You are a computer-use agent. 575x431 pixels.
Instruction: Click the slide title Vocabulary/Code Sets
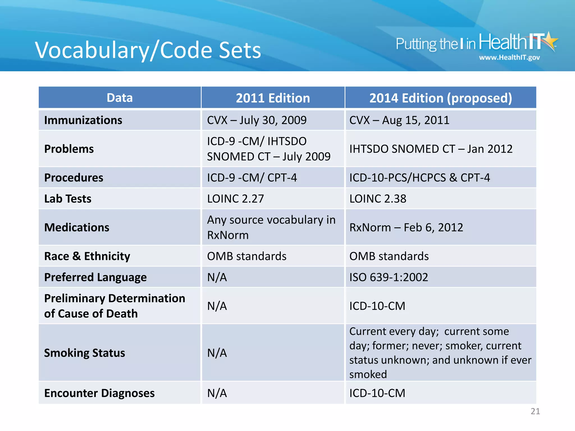coord(148,50)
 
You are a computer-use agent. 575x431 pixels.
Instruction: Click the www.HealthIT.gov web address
coord(509,58)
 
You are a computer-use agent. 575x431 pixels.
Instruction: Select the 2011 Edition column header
coord(273,98)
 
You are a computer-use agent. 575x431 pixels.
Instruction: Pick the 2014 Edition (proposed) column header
coord(441,98)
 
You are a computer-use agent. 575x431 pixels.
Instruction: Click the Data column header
coord(120,98)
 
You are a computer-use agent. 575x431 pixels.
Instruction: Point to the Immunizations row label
coord(83,120)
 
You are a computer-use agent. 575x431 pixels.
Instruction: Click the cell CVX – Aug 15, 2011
coord(399,120)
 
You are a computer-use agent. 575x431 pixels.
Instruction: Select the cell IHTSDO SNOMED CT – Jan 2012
coord(431,149)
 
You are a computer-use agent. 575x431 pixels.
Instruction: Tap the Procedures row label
coord(74,178)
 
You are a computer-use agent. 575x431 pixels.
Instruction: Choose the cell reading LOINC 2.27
coord(236,199)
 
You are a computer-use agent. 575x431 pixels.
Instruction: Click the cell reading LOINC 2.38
coord(378,199)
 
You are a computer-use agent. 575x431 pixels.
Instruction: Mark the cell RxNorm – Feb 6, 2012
coord(406,227)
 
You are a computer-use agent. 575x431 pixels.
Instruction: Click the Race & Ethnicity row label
coord(87,256)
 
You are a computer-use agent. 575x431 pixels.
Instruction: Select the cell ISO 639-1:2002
coord(389,277)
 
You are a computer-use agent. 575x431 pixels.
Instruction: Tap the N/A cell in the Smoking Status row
coord(217,353)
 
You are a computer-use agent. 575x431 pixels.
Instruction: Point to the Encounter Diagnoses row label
coord(99,393)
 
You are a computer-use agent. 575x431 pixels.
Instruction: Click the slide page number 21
coord(535,411)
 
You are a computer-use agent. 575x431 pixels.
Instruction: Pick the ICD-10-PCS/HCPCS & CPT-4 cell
coord(419,178)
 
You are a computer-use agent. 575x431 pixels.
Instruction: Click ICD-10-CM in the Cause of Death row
coord(377,306)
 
